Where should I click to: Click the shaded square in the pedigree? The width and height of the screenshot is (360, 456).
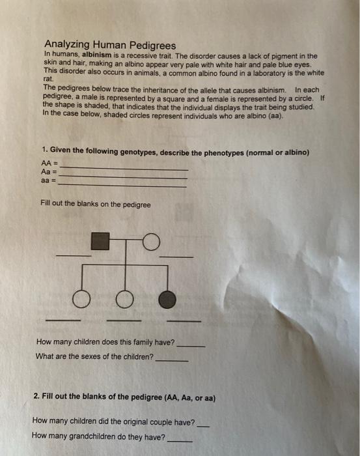100,241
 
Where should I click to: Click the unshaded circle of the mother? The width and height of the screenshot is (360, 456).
151,242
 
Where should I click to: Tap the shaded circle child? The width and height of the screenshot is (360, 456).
167,300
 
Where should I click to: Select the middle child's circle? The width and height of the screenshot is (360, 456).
125,299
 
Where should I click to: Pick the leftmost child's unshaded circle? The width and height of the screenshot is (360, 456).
81,299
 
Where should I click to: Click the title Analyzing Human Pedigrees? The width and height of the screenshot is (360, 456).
110,45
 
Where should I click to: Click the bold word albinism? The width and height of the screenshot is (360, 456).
97,55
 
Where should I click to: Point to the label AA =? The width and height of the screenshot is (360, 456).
49,163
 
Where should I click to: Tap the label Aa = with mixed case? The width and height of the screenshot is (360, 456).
49,171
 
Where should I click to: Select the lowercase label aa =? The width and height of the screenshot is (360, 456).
48,180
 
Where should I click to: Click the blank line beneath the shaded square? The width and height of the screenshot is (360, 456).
74,255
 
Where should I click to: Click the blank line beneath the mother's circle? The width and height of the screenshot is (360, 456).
176,257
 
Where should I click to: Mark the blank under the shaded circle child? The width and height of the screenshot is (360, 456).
184,321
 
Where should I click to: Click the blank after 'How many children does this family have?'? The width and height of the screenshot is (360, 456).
191,347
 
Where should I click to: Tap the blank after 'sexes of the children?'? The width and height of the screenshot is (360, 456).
172,361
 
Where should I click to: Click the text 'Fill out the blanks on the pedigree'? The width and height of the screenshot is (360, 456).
96,204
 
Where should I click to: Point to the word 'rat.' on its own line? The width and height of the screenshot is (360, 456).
48,79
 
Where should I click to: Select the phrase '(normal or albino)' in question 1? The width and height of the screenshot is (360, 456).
277,152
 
